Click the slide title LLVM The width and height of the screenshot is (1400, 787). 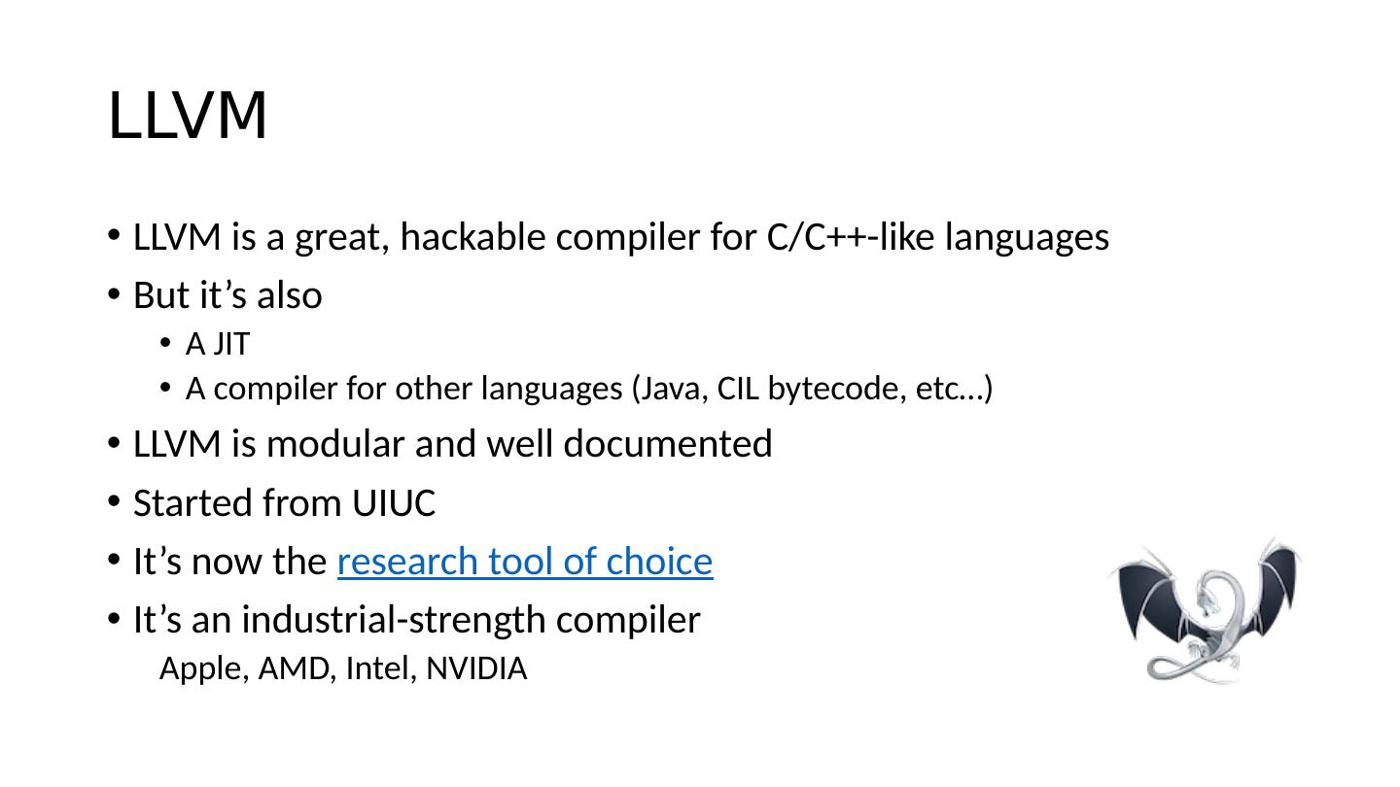click(x=188, y=117)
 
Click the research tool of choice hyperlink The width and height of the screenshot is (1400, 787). click(x=525, y=562)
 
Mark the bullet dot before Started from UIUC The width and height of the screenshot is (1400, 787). click(x=114, y=504)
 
